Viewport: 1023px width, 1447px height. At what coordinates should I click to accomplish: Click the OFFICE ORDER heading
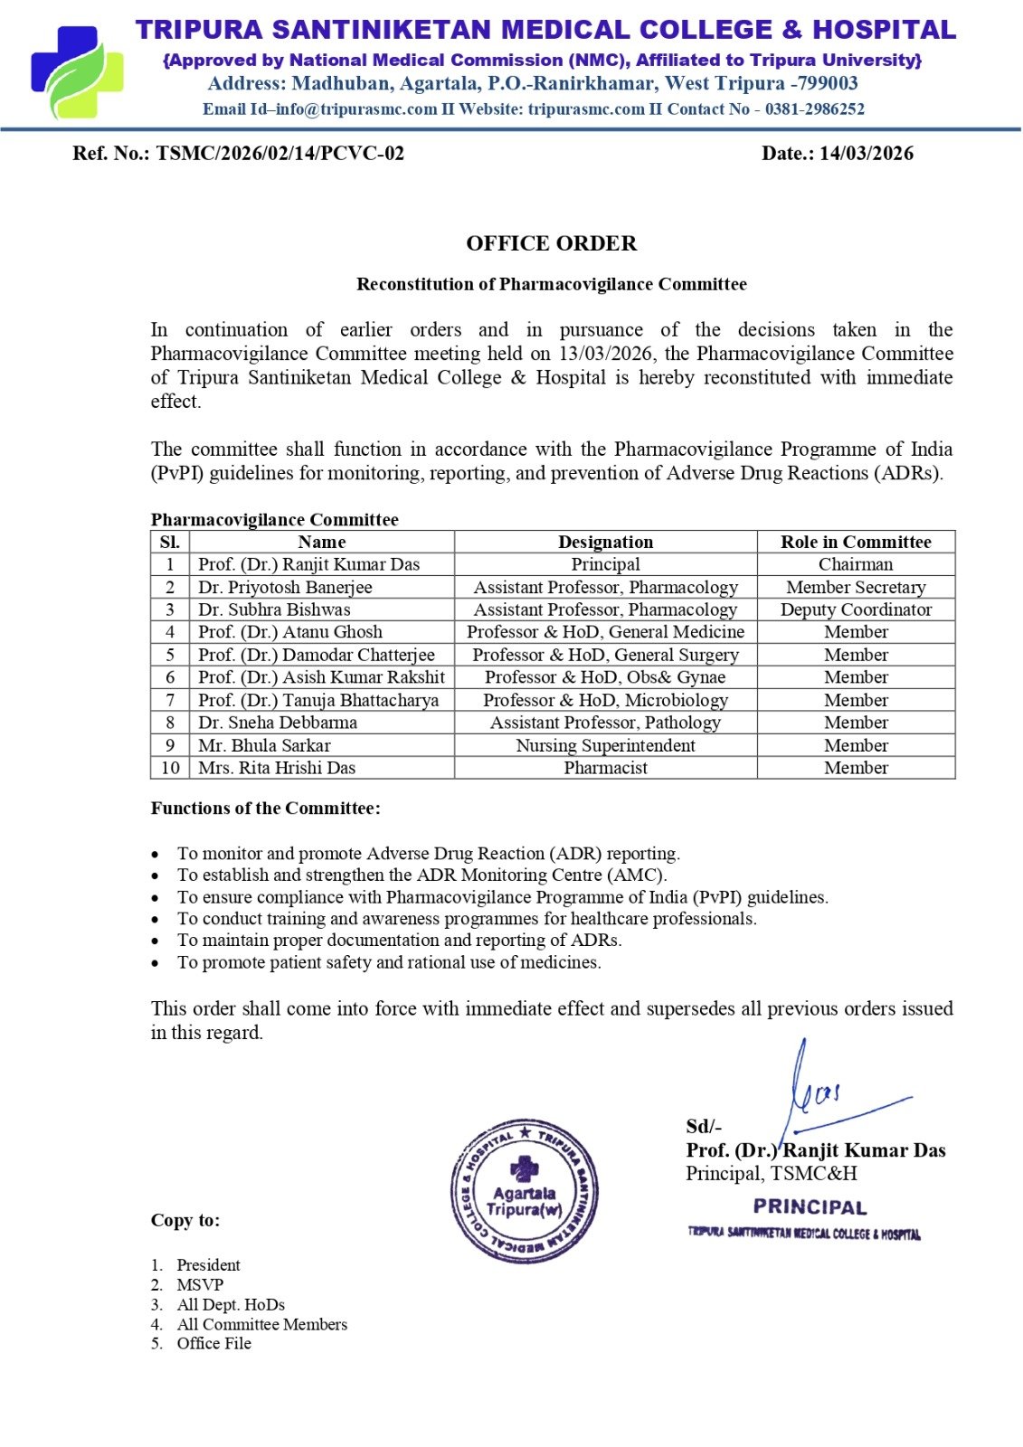551,243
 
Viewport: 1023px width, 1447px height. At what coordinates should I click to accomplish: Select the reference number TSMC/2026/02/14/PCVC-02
279,153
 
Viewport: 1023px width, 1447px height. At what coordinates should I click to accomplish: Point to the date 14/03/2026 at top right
866,153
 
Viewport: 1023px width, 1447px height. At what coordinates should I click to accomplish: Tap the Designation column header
605,542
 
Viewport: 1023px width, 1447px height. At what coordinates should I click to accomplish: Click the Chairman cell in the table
856,564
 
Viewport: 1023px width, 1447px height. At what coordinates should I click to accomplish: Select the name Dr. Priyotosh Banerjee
285,587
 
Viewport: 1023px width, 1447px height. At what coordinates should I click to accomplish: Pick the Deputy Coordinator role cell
856,610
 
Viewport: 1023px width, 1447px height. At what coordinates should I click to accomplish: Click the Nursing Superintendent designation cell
605,745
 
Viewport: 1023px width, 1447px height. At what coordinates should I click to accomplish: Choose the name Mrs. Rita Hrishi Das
277,768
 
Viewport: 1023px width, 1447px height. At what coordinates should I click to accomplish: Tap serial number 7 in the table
170,700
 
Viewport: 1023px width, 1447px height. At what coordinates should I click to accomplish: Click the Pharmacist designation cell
605,768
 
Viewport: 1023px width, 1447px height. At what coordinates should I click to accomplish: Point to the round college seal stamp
524,1191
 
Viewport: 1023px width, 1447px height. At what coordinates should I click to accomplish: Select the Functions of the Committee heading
265,808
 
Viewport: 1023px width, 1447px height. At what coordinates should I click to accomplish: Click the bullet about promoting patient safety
389,962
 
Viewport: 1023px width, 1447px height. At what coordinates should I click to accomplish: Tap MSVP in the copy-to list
200,1285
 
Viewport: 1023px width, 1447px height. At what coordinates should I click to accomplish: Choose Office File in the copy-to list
214,1344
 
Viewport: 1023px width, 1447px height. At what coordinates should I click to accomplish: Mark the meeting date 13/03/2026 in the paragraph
604,354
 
